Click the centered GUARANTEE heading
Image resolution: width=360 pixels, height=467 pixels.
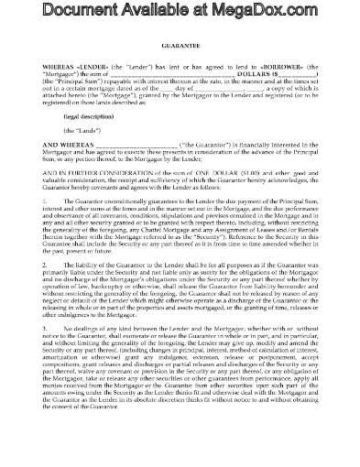[x=180, y=67]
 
